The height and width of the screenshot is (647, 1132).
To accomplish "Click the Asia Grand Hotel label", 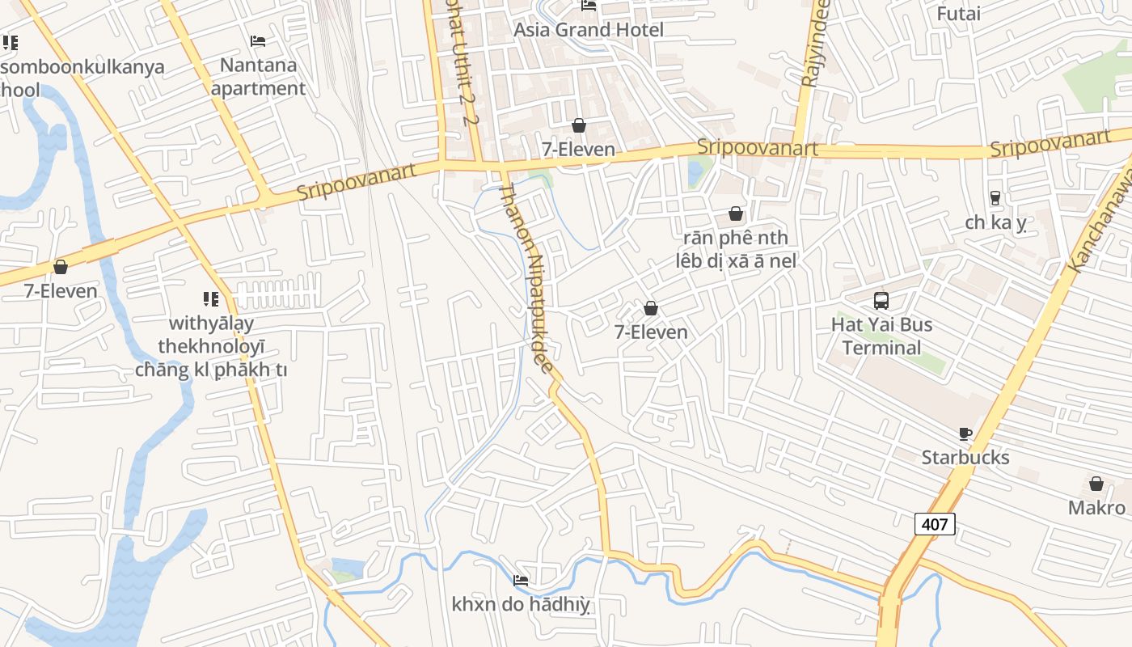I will [589, 30].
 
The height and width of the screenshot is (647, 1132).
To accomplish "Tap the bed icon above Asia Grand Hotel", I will [589, 6].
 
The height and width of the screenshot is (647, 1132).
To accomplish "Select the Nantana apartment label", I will [259, 76].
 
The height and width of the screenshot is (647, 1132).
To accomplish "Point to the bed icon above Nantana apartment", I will [258, 40].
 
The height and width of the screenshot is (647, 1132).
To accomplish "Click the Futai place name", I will [958, 14].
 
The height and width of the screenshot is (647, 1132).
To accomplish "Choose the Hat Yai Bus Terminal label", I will [881, 336].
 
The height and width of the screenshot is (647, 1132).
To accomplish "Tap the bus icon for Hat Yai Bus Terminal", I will [881, 301].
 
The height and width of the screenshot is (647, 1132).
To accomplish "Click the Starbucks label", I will [965, 458].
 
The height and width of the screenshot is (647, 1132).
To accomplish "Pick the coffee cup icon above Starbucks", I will [965, 433].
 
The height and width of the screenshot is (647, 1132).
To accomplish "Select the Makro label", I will [1096, 508].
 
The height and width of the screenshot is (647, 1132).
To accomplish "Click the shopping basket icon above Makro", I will [1096, 484].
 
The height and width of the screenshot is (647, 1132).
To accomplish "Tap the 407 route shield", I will [935, 524].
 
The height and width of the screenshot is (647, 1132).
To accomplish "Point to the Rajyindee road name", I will [815, 44].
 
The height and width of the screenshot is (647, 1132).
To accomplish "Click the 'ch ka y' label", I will [995, 222].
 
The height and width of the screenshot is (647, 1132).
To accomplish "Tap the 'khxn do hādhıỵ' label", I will [521, 604].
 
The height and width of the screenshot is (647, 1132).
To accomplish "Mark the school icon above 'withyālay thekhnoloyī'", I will [211, 299].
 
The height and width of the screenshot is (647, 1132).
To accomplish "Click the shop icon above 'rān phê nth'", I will [736, 214].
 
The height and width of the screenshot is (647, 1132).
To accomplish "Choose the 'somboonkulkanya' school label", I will [81, 66].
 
